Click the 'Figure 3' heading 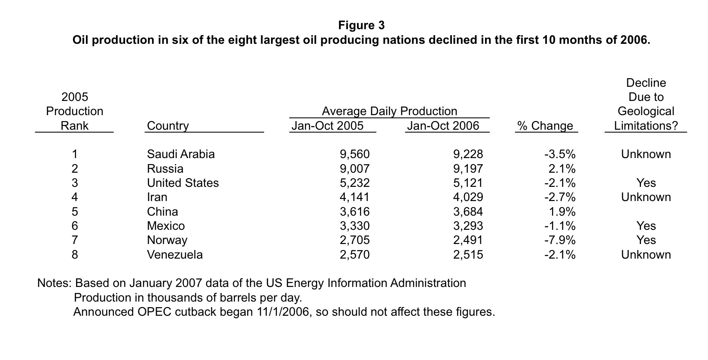[x=361, y=25]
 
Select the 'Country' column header [x=168, y=126]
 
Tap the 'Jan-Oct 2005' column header [x=327, y=126]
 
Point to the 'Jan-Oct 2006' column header [x=443, y=126]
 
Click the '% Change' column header [x=545, y=126]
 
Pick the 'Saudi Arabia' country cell [x=180, y=154]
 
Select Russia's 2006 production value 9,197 [x=468, y=169]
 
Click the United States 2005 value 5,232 [x=354, y=183]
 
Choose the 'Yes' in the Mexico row [x=646, y=226]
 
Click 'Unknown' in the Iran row [x=646, y=197]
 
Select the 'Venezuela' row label [x=174, y=255]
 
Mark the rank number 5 [x=75, y=212]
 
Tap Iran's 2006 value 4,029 [x=468, y=197]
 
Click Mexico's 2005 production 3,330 [x=354, y=226]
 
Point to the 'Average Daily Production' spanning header [x=389, y=111]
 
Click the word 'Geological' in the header [x=646, y=111]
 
